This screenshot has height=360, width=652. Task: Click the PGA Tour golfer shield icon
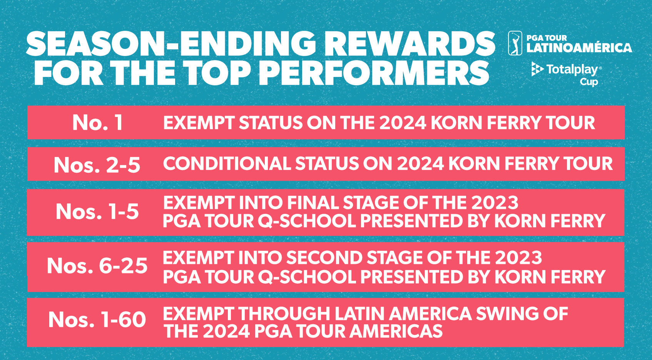515,43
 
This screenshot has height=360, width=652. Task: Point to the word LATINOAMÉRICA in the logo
579,48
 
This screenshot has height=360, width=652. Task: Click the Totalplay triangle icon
537,69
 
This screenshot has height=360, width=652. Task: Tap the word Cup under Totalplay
588,82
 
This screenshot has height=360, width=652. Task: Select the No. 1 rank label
97,122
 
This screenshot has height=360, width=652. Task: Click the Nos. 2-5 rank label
97,165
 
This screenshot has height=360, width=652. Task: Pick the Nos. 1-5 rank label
97,212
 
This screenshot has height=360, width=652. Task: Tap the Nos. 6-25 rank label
97,266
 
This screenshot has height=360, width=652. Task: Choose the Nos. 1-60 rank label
97,320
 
